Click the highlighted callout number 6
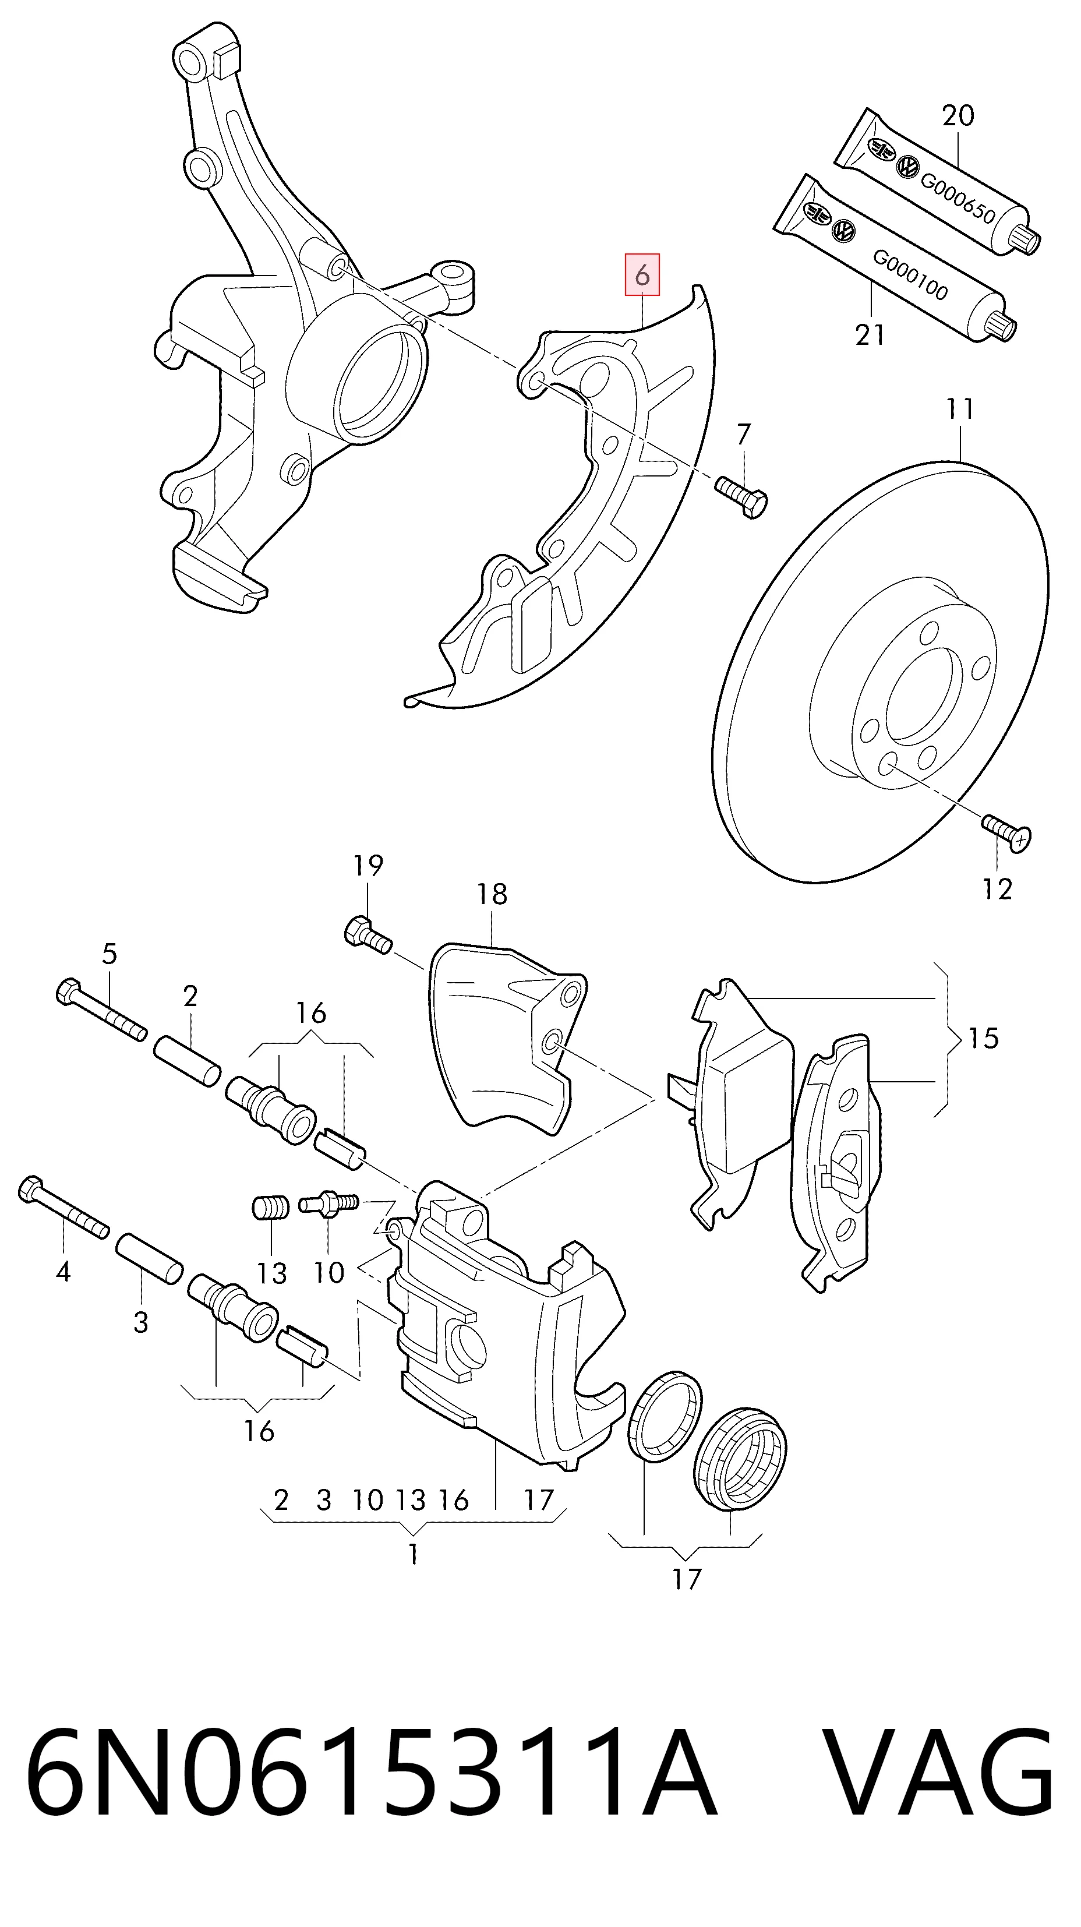(642, 276)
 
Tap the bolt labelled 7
(741, 496)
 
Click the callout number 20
(958, 116)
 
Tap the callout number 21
(871, 334)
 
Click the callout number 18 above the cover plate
(492, 894)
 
